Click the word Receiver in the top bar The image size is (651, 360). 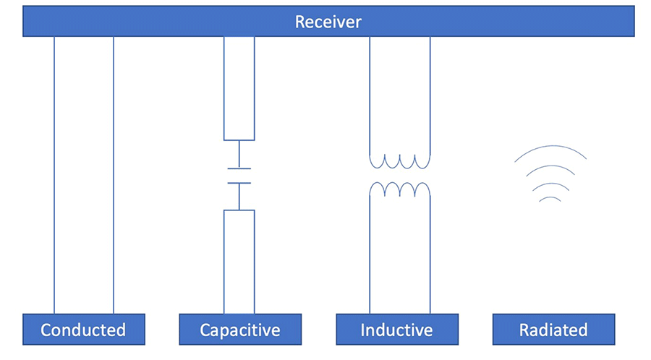tap(328, 22)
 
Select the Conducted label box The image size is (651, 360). tap(83, 330)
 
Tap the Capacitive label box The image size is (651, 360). tap(239, 330)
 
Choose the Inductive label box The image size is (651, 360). tap(396, 330)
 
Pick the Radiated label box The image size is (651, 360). tap(553, 330)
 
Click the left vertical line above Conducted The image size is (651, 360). tap(54, 173)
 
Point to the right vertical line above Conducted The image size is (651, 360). tap(114, 173)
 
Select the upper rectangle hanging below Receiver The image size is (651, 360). tap(239, 87)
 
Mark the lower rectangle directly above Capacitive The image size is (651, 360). tap(239, 261)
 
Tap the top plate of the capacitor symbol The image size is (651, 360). tap(239, 168)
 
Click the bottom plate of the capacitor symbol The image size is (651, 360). tap(239, 183)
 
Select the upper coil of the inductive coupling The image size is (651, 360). tap(400, 160)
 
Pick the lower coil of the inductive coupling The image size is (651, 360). tap(400, 189)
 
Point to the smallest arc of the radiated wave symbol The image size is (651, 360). tap(550, 197)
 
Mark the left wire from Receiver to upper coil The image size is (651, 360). tap(370, 94)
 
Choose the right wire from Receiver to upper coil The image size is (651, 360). tap(430, 94)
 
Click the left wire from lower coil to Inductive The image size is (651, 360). tap(370, 253)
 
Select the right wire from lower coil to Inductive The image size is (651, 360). tap(430, 253)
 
